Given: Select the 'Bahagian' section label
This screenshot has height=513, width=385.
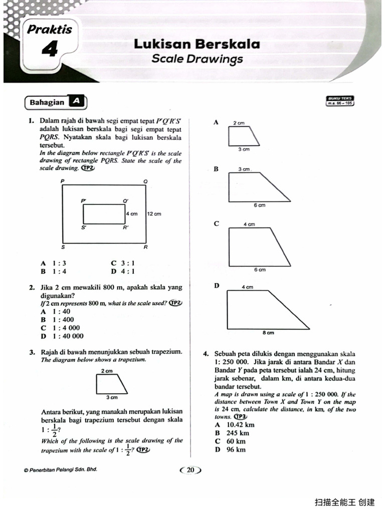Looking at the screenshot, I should pyautogui.click(x=47, y=102).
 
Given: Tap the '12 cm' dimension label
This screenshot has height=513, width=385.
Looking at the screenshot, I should pyautogui.click(x=154, y=214).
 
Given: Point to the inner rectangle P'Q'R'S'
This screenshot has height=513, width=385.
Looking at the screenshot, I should pyautogui.click(x=104, y=214).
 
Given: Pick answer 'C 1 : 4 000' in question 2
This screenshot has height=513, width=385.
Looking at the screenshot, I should pyautogui.click(x=60, y=328).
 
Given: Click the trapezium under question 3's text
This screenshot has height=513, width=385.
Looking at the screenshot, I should pyautogui.click(x=111, y=384).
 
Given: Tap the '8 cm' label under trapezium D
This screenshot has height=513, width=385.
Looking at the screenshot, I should pyautogui.click(x=268, y=332).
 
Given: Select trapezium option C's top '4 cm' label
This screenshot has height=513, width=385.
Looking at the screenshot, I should pyautogui.click(x=249, y=225).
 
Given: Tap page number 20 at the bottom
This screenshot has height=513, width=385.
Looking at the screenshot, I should pyautogui.click(x=190, y=470).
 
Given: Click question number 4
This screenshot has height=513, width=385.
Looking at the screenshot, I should pyautogui.click(x=206, y=354).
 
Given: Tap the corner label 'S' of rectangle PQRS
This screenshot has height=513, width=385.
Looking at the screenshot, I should pyautogui.click(x=63, y=247).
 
